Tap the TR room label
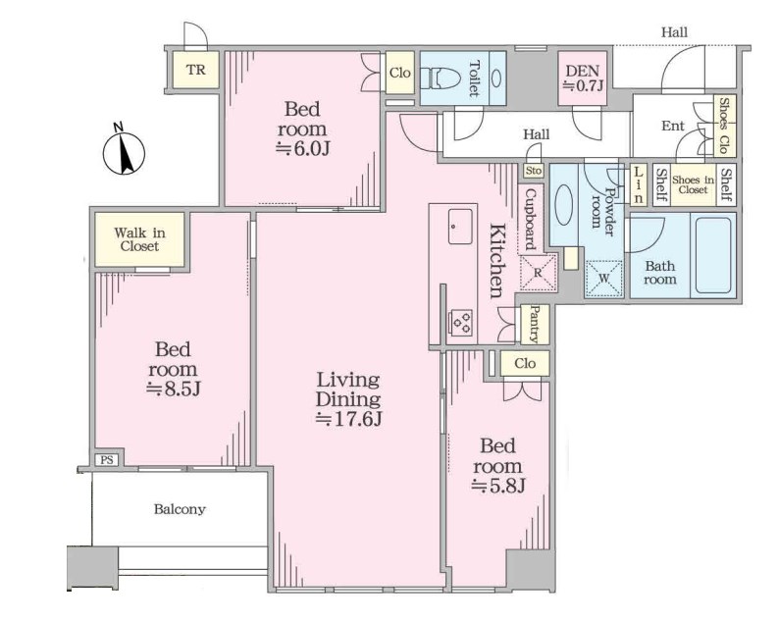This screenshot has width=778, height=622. pos(196,70)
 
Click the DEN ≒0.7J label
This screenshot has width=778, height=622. pos(583,78)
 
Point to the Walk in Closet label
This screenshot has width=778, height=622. pos(139,239)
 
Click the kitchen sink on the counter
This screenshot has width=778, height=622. pos(460,227)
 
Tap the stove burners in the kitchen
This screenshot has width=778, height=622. pos(460,322)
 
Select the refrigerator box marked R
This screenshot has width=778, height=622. pos(538,272)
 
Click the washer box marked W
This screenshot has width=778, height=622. pos(603,279)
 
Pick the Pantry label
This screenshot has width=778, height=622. pos(535,325)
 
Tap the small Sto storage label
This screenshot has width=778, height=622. pos(534,171)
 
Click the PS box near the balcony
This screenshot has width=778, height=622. pos(107,460)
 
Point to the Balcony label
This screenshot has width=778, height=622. pos(180,509)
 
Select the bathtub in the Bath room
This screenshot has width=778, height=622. pos(713,255)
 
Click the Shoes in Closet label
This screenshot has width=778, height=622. pos(693,184)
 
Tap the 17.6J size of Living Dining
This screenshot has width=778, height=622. pos(349,419)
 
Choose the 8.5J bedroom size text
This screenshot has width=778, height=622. pos(174,389)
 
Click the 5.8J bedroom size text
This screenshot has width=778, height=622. pos(497,486)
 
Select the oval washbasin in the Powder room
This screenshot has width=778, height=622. pos(564,205)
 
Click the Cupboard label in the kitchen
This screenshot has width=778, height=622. pos(531,219)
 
